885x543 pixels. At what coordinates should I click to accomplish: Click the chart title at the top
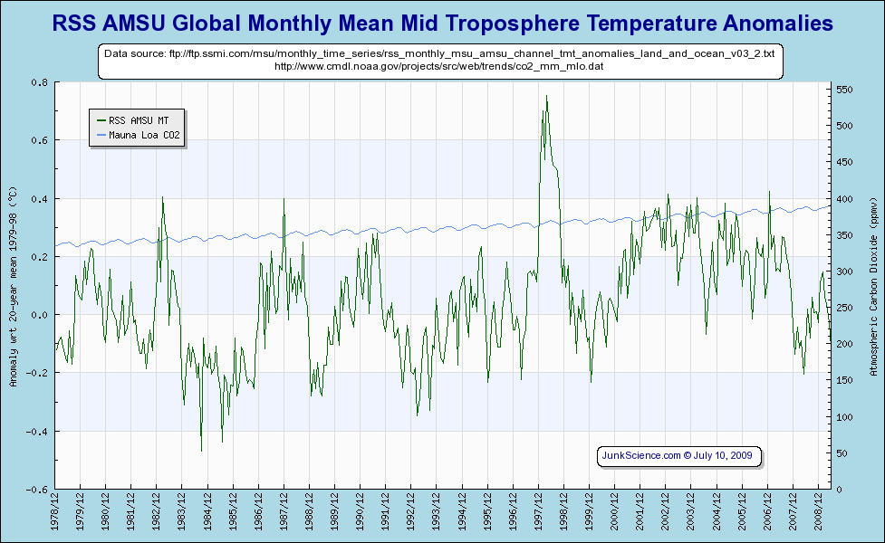coord(442,23)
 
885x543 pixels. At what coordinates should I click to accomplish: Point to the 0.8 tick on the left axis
coord(40,82)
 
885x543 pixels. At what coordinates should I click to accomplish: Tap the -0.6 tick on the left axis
coord(37,490)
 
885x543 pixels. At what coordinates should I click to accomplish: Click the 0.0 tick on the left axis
coord(40,315)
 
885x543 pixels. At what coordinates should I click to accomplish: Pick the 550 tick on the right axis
coord(845,90)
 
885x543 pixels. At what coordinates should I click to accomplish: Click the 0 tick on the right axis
coord(839,490)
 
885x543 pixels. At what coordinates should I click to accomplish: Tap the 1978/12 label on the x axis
coord(56,513)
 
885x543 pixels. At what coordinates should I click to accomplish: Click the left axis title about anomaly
coord(13,286)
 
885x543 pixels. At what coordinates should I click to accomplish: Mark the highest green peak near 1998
coord(546,96)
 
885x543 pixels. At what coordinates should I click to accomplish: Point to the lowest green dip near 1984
coord(201,450)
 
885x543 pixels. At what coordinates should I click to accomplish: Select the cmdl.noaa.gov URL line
coord(438,66)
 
